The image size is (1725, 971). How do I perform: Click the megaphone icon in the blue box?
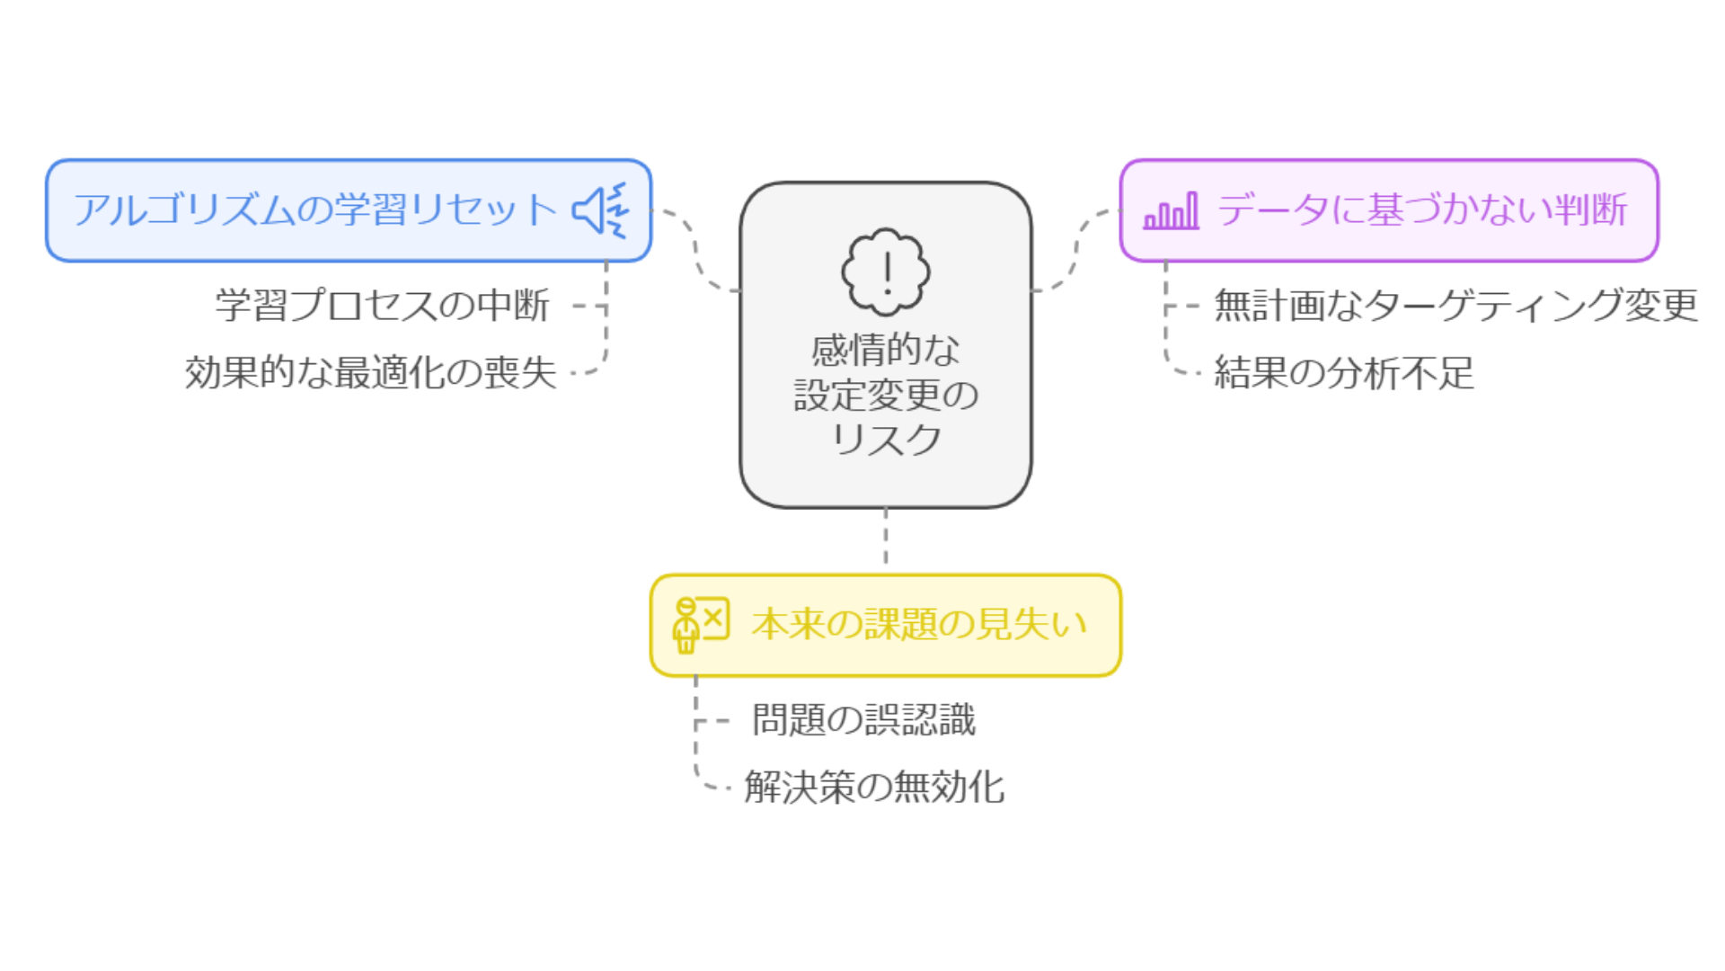point(600,210)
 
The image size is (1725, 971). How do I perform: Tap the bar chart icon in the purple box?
point(1171,211)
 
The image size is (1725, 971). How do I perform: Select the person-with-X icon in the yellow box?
point(700,624)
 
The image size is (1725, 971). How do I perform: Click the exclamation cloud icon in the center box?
point(886,272)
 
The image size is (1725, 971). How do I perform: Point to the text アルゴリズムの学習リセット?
point(315,210)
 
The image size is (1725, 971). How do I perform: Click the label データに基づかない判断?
point(1421,210)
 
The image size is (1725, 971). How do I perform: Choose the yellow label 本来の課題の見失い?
point(919,624)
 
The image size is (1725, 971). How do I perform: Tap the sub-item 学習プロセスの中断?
point(383,306)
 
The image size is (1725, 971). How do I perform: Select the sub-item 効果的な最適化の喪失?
point(370,372)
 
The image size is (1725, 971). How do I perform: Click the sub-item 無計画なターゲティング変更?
point(1455,306)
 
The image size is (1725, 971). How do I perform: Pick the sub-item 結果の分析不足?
point(1344,372)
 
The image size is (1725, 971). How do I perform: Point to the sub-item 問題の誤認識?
point(863,720)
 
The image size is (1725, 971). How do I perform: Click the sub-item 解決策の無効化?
point(874,788)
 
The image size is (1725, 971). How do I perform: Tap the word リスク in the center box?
point(886,440)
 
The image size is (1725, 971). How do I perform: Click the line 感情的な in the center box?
point(886,350)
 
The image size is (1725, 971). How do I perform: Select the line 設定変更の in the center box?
point(886,395)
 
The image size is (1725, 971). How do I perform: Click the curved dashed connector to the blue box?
point(696,252)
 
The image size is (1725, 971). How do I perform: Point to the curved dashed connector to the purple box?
point(1076,252)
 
